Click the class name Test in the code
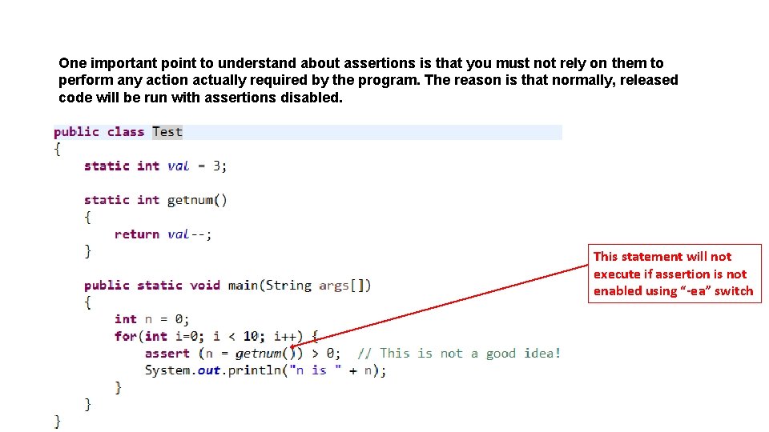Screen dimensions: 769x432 [167, 132]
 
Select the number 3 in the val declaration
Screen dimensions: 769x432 [216, 166]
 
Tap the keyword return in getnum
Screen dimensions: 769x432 [137, 234]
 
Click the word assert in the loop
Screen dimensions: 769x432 [167, 353]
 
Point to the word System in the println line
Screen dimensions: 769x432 [167, 370]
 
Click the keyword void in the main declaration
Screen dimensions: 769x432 [204, 285]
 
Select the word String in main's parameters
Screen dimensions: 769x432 [288, 285]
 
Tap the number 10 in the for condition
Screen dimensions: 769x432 [251, 336]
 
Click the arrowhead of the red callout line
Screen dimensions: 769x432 [293, 346]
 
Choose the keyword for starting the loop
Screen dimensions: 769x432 [125, 336]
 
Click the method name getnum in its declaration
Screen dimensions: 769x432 [190, 200]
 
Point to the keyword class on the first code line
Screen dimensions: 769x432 [126, 132]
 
